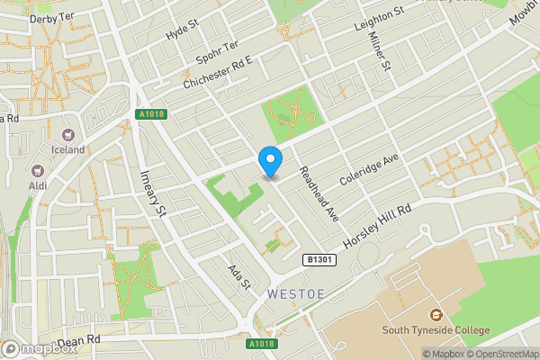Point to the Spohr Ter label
(218, 56)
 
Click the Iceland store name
(67, 149)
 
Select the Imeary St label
(150, 193)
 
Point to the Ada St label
(238, 276)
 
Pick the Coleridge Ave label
(368, 170)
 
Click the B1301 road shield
(313, 260)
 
